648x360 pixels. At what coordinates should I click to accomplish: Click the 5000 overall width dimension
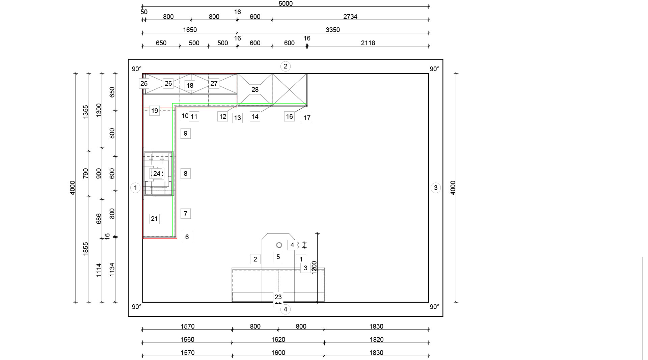[285, 4]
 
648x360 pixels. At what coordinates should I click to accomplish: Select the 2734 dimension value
[350, 17]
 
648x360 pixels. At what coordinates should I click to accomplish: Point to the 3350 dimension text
[332, 30]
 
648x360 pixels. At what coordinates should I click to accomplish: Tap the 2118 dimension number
[368, 43]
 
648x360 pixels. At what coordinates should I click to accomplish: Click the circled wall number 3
[435, 188]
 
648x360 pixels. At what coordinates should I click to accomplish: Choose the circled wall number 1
[135, 188]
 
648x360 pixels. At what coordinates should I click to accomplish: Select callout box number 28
[255, 89]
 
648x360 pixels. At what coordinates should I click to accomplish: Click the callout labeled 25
[144, 83]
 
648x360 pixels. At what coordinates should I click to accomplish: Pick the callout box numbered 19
[154, 111]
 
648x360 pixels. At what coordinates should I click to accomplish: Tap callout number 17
[307, 118]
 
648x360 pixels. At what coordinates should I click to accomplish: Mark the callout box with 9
[185, 133]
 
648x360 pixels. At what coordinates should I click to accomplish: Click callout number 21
[154, 219]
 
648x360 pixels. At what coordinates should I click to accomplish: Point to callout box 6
[187, 237]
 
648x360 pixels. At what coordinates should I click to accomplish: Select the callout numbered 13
[237, 118]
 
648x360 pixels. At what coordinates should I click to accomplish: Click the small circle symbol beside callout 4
[279, 245]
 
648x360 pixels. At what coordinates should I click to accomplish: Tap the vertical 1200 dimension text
[314, 268]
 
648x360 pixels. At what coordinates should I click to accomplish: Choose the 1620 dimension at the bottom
[278, 339]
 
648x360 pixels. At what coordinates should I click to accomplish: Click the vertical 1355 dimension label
[85, 112]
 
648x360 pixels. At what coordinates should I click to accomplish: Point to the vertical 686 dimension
[99, 219]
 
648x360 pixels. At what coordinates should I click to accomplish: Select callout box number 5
[278, 257]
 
